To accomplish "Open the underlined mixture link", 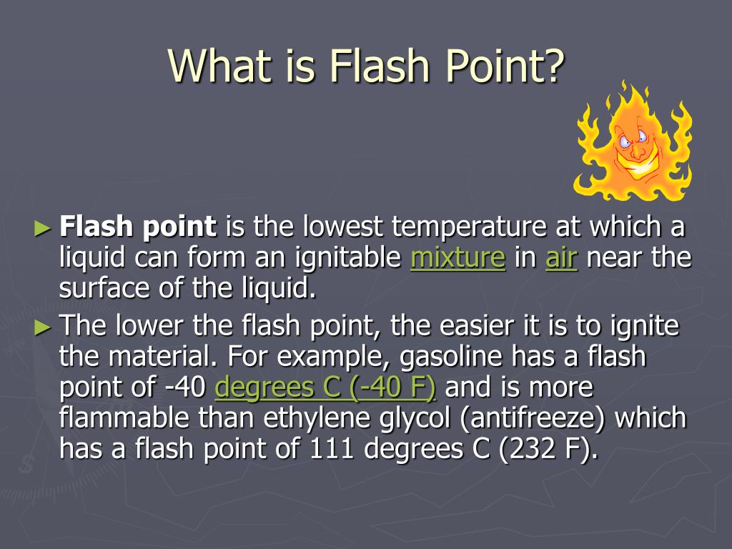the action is click(x=457, y=257).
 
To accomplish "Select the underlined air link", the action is click(x=561, y=257).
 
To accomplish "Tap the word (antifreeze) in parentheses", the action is click(x=532, y=418).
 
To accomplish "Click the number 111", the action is click(x=330, y=449).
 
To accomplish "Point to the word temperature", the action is click(x=469, y=227).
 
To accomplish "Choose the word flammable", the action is click(x=124, y=417).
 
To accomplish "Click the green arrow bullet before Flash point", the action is click(x=42, y=228).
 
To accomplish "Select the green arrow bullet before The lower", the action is click(x=42, y=327).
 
